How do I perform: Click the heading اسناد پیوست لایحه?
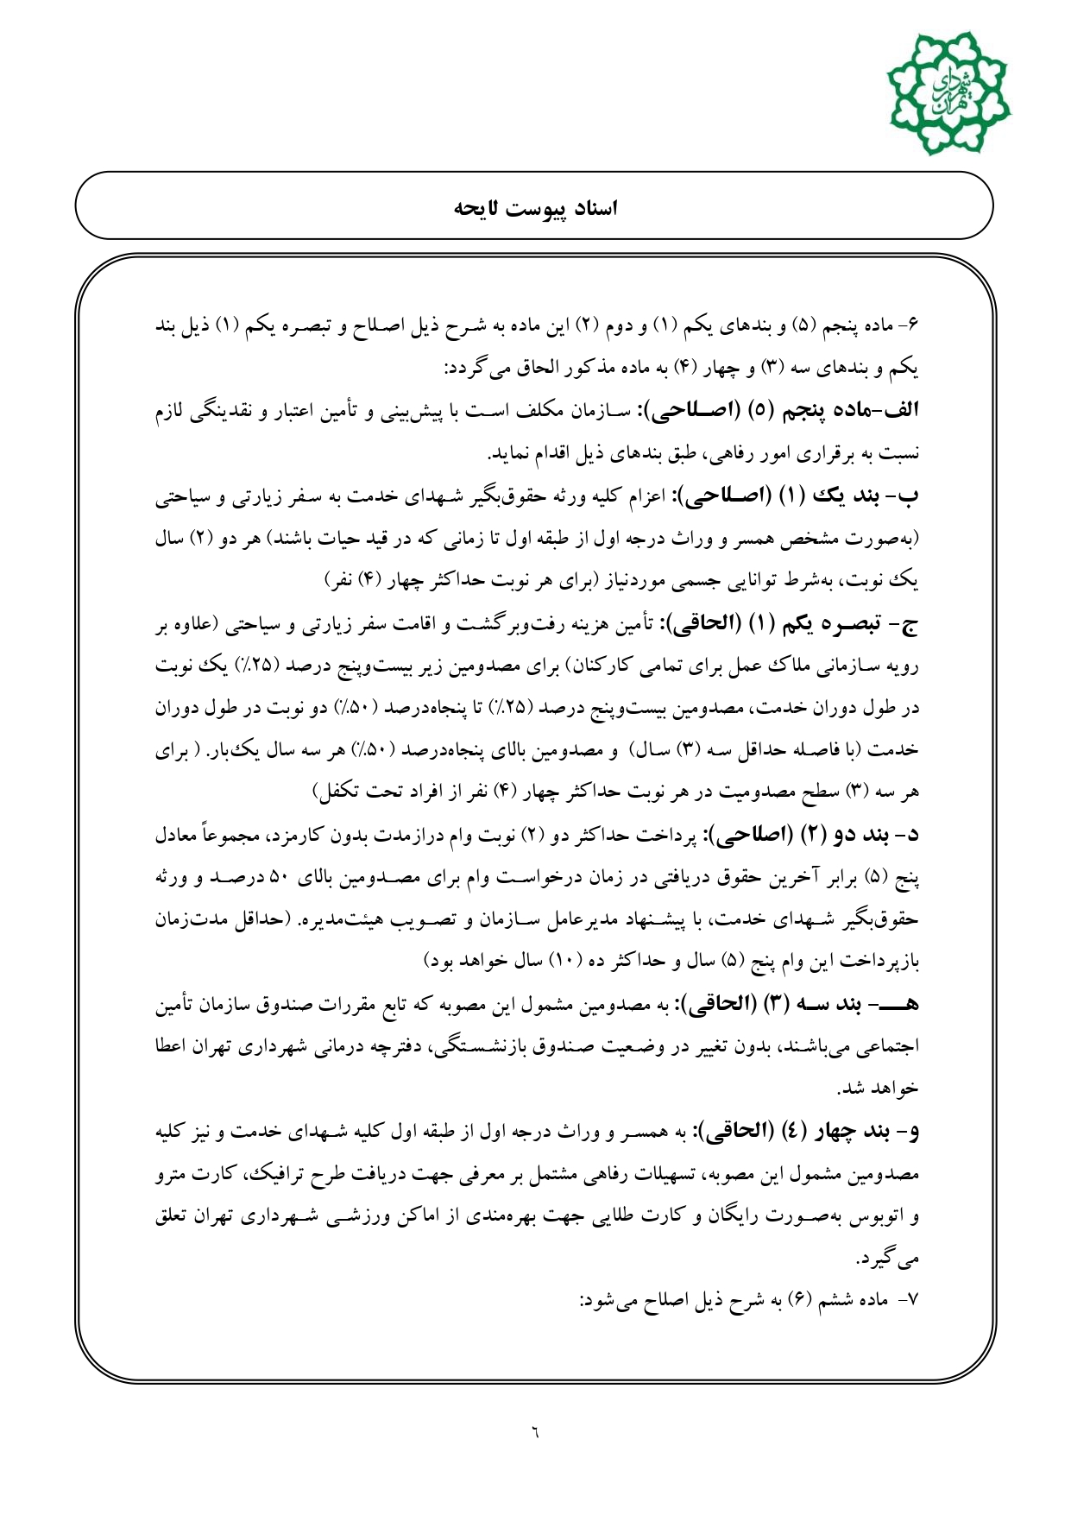[535, 208]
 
